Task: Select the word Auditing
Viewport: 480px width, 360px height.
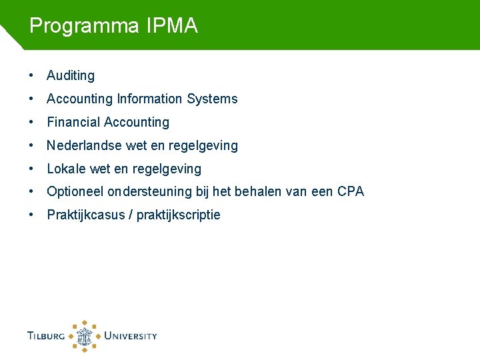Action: pos(71,76)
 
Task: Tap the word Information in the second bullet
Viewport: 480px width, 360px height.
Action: pos(150,99)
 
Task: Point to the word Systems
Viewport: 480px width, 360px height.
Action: pos(212,99)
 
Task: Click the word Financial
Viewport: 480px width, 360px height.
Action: pos(73,123)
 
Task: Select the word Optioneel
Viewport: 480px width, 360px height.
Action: pos(75,192)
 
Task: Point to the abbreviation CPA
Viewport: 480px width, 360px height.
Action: pos(351,192)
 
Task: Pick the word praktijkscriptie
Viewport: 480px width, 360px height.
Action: pos(179,215)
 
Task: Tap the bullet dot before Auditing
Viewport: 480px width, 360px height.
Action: pos(32,76)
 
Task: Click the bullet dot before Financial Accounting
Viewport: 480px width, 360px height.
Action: pos(32,123)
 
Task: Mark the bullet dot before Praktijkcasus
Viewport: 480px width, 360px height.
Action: pos(32,215)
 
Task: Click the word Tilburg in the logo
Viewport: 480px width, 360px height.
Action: pos(46,336)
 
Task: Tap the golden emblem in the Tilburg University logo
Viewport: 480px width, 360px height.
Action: pos(85,335)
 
